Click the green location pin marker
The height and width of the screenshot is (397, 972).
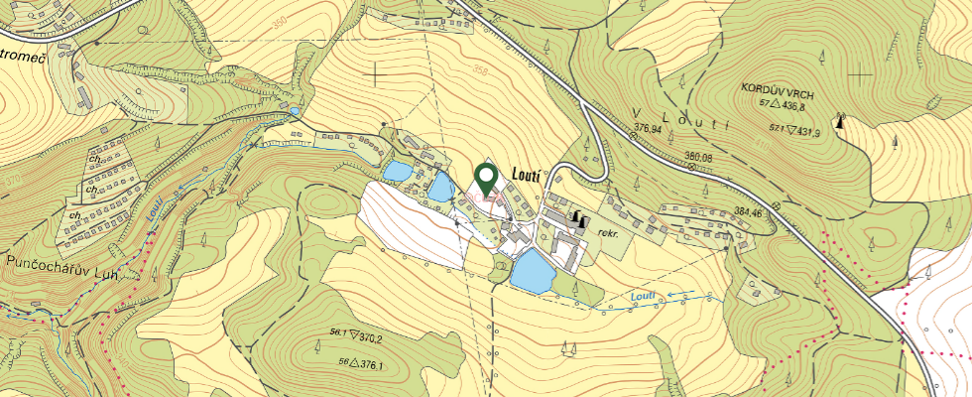[485, 179]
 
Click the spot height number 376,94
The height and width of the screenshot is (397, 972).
[648, 128]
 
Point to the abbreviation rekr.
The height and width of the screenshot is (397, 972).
[608, 233]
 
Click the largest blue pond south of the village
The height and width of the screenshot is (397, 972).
[532, 271]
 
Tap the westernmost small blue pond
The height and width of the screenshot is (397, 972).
[396, 172]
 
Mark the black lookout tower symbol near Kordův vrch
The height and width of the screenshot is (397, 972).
[842, 122]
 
